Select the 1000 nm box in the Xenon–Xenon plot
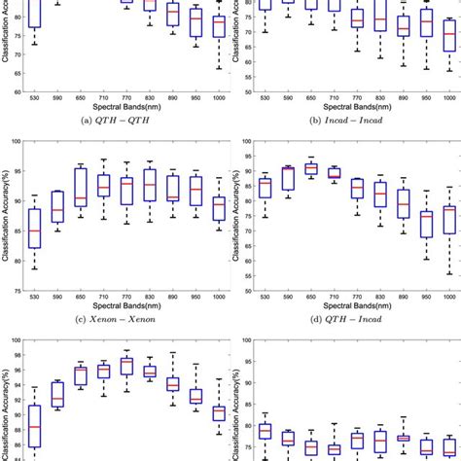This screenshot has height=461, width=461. [x=219, y=209]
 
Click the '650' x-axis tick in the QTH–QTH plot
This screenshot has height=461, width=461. [x=81, y=100]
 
